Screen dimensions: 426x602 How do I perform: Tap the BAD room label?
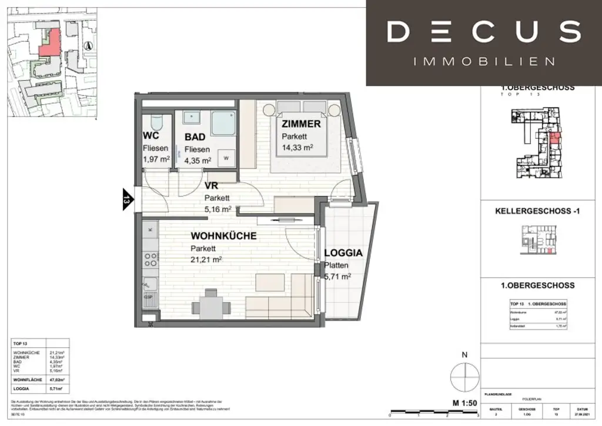pos(194,137)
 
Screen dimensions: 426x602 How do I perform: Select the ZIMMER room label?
pos(300,124)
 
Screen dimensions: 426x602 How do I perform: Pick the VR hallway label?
pos(210,186)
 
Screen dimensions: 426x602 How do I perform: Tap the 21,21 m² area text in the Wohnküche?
pos(206,259)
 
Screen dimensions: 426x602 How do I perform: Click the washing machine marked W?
pos(226,158)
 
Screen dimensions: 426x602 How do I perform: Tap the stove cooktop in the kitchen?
pos(149,258)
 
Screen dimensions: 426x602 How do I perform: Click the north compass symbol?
pos(464,374)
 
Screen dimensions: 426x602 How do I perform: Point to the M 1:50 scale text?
pos(464,402)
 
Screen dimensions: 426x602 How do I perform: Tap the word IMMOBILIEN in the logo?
pos(484,61)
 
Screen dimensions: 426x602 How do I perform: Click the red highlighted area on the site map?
pos(50,42)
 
